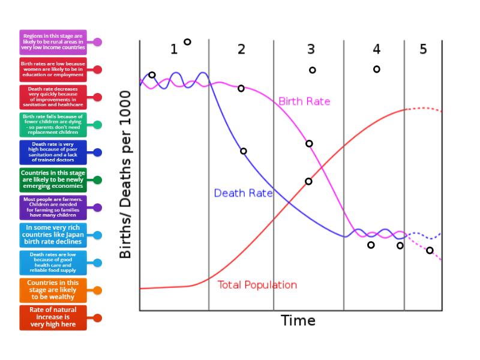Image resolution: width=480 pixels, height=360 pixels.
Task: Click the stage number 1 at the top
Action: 174,49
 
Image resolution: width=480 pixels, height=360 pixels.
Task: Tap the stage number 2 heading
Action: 241,49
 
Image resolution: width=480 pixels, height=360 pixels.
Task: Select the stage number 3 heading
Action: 311,49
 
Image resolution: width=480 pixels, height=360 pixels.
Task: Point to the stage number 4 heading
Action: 376,49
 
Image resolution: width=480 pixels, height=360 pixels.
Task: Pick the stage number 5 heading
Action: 423,49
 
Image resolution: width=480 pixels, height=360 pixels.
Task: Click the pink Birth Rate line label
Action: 304,101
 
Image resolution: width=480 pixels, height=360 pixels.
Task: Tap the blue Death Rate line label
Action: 243,193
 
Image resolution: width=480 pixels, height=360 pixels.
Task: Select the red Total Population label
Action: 257,285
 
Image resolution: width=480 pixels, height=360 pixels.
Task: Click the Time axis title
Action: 298,320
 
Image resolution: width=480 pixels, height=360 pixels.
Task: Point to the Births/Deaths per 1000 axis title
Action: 125,175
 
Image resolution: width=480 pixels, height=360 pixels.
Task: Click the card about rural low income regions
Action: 53,42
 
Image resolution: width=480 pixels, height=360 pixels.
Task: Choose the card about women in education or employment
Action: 53,70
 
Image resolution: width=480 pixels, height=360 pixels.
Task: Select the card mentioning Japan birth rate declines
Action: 53,235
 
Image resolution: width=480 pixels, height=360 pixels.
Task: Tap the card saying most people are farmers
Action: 53,207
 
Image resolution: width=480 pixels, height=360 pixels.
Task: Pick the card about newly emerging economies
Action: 53,180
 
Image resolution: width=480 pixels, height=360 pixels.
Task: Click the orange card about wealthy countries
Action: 53,290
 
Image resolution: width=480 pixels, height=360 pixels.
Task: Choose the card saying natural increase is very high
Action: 53,317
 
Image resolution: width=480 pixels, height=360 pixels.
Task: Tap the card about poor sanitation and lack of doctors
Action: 53,152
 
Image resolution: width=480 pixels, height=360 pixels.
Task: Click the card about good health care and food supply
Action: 53,262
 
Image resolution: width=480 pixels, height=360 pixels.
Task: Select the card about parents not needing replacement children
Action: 53,125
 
